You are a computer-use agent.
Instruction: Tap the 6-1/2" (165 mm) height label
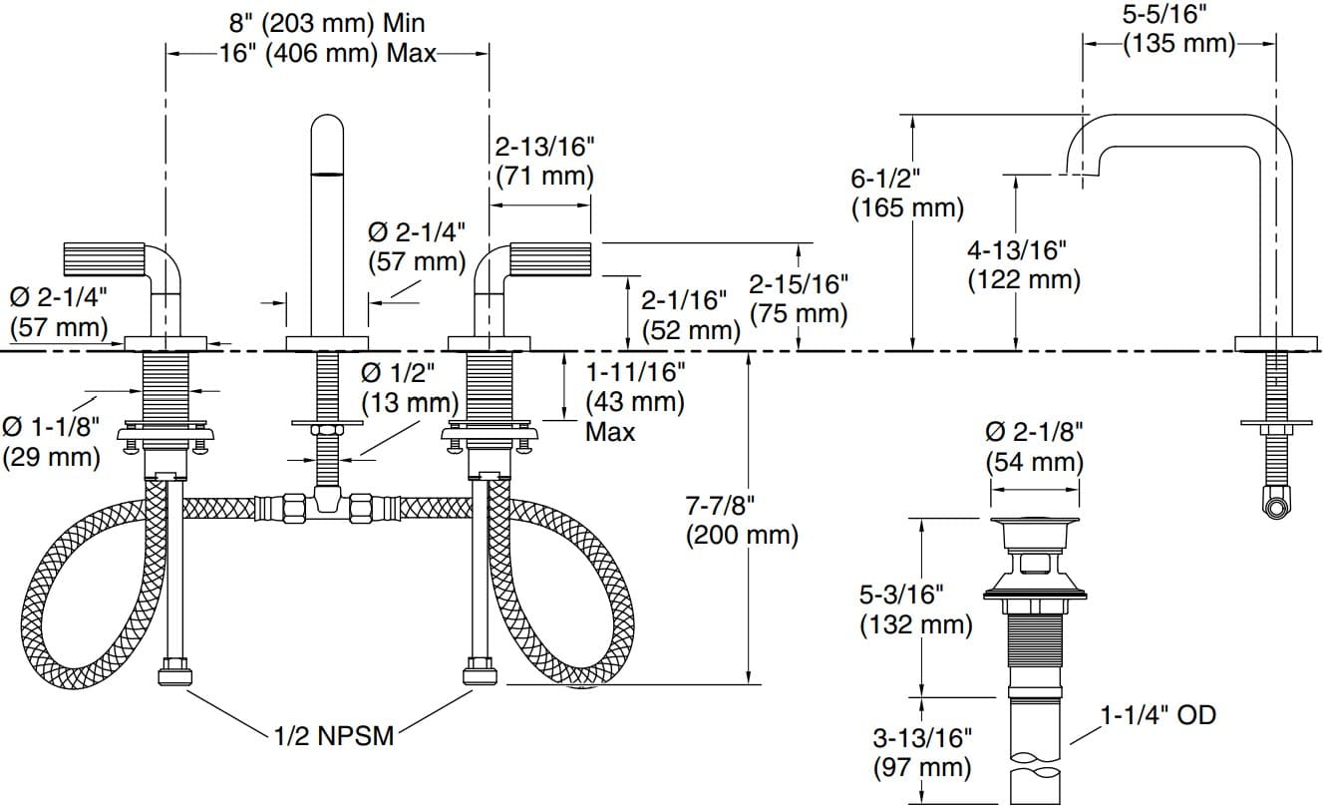pos(906,194)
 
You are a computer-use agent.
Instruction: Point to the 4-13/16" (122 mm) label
pos(1024,265)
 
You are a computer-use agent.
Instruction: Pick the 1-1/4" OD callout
pos(1158,714)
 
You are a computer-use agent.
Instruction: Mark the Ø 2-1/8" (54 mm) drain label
pos(1034,447)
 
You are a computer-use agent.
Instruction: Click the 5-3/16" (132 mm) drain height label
pos(915,609)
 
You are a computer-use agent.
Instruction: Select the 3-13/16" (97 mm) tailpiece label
pos(921,752)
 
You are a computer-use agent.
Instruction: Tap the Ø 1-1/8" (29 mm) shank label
pos(51,441)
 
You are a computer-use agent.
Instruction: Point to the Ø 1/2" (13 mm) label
pos(409,388)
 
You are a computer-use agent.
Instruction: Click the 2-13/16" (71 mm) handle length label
pos(544,162)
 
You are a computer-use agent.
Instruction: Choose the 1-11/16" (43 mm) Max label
pos(634,402)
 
